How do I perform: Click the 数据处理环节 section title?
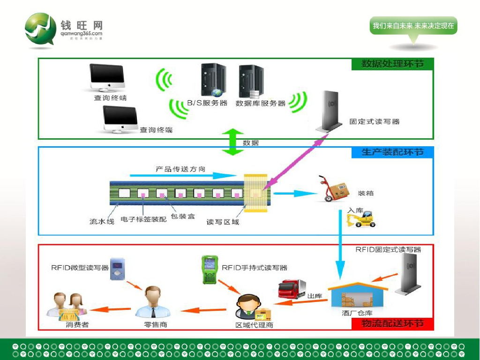392,64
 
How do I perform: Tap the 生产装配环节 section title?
392,152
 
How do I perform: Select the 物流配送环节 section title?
392,324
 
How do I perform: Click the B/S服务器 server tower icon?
213,80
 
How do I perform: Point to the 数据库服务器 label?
261,103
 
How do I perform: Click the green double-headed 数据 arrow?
232,141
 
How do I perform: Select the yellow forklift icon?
362,219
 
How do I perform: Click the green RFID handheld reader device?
208,270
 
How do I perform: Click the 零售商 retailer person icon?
153,302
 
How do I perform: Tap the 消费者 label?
77,324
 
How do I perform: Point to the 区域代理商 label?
254,325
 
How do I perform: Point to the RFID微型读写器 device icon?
116,269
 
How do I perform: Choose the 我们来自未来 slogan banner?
413,26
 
